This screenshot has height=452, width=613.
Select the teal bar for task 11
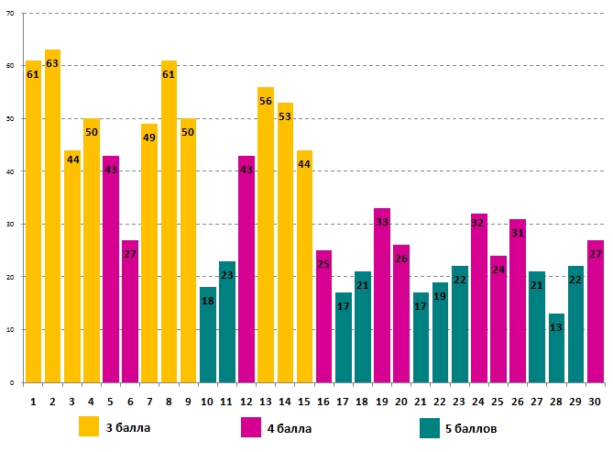coord(227,322)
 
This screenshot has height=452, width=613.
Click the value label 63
coord(52,64)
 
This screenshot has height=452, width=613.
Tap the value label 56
coord(266,101)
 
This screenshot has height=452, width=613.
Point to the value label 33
coord(382,223)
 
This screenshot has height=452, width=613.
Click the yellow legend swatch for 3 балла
coord(89,427)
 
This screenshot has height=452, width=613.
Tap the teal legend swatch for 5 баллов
coord(430,427)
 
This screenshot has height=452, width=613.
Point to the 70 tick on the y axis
coord(13,13)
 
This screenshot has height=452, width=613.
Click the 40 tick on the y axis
coord(13,171)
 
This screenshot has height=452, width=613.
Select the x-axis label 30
coord(596,401)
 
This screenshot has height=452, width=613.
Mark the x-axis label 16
coord(323,401)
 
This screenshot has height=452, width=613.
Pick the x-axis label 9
coord(188,401)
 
